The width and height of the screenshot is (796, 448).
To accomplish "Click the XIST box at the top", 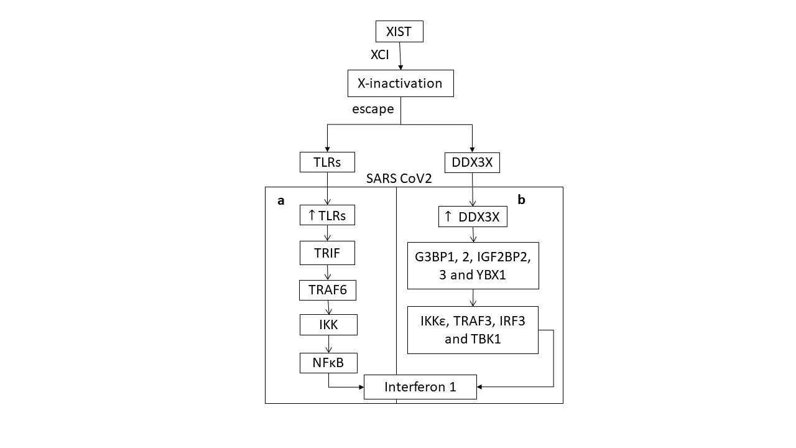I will click(399, 32).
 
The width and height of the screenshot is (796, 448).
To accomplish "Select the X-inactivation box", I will click(400, 83).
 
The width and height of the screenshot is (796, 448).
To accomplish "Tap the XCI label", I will click(380, 55).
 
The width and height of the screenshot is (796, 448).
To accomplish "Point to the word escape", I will click(373, 109).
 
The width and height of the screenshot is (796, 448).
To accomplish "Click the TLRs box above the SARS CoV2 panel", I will click(327, 162).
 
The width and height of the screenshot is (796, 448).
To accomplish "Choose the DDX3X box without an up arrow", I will click(473, 162).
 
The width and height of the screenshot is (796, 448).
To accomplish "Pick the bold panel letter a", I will click(281, 201).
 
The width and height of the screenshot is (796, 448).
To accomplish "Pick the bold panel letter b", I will click(521, 200).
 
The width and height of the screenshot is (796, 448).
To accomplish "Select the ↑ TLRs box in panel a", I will click(327, 215).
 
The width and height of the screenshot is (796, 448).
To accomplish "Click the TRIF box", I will click(328, 253).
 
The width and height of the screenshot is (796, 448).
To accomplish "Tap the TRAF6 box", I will click(328, 289).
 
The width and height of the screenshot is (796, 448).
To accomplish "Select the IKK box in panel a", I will click(328, 325).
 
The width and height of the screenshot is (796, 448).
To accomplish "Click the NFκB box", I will click(328, 362).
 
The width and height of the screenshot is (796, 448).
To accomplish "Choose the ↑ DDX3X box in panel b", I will click(473, 217).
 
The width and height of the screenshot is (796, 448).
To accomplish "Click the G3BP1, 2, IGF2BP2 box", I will click(473, 266).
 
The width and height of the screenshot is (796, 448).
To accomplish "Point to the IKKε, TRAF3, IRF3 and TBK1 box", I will click(473, 330).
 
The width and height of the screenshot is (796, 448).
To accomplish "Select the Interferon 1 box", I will click(420, 386).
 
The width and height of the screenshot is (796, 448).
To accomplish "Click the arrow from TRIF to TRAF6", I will click(328, 273).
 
